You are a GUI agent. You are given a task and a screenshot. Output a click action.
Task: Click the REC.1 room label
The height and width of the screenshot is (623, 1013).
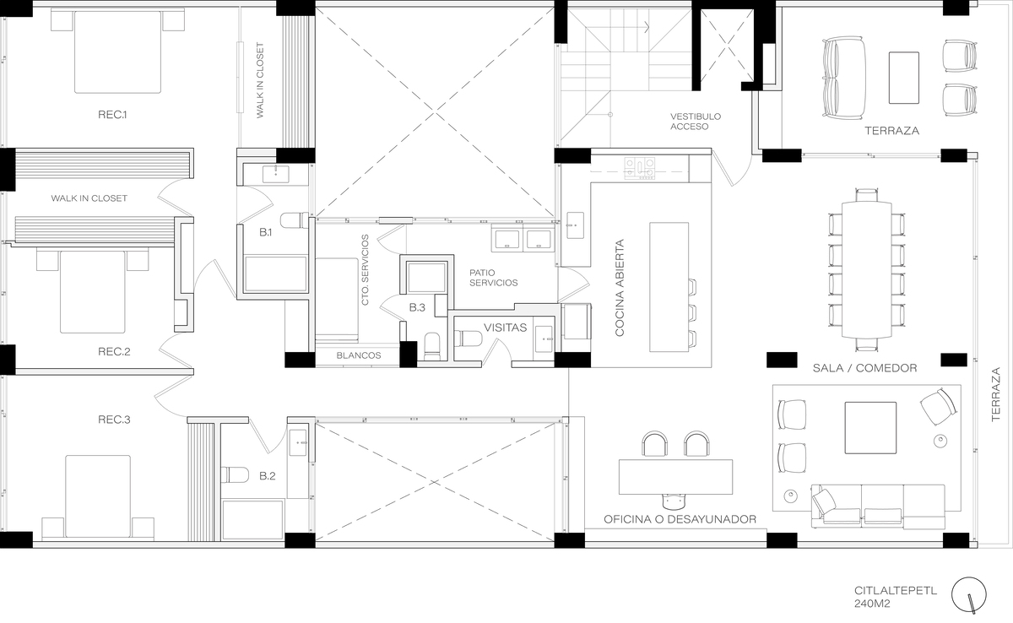(112, 115)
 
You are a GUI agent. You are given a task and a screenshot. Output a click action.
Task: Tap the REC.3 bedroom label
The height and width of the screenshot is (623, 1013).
(114, 420)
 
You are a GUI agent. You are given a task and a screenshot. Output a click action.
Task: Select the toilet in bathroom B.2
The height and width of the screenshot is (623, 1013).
(236, 474)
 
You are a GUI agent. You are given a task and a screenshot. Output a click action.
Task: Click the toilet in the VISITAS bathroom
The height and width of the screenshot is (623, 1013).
(469, 339)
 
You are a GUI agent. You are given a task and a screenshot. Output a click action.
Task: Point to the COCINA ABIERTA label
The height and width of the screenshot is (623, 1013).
(620, 288)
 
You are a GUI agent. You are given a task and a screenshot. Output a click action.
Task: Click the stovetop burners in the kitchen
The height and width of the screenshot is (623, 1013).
(640, 168)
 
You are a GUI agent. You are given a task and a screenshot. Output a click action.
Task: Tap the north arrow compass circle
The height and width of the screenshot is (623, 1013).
(969, 595)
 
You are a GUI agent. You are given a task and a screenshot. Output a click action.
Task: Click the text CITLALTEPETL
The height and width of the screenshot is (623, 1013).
(896, 591)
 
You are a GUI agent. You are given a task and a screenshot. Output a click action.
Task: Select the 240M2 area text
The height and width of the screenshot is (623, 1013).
(872, 604)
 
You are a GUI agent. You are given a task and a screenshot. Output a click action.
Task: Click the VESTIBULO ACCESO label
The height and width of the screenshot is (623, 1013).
(696, 122)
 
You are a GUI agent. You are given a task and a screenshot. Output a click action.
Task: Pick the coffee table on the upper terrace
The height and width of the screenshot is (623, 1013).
(903, 78)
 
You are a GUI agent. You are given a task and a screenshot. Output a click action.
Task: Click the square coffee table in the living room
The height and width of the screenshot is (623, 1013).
(870, 428)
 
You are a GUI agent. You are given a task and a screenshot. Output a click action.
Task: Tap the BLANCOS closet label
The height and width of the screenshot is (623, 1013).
(359, 355)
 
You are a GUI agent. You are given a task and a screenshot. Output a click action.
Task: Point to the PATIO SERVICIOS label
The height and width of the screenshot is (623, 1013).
(493, 278)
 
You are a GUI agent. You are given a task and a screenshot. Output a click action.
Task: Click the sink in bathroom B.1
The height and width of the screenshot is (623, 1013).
(276, 174)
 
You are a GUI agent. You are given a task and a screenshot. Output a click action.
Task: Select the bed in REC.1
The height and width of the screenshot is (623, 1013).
(117, 52)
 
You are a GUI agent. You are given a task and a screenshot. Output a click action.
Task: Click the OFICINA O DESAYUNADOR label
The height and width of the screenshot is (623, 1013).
(680, 519)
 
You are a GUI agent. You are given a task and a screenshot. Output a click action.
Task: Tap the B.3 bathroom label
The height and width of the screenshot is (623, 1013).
(417, 308)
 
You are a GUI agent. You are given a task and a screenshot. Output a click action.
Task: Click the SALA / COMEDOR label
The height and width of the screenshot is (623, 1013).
(864, 368)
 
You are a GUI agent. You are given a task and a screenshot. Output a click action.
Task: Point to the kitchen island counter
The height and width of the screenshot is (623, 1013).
(669, 287)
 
